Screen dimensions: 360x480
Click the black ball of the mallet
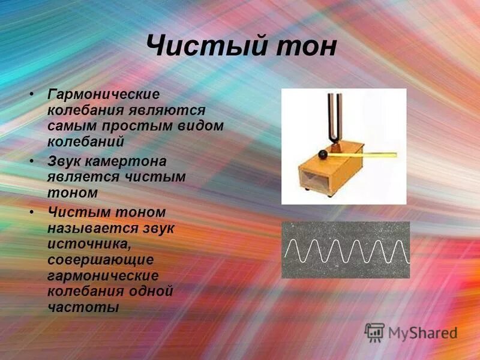pos(323,155)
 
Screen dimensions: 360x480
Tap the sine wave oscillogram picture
pos(346,250)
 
